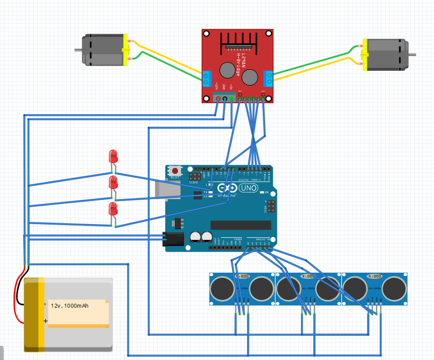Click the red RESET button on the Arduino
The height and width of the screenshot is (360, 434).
click(175, 170)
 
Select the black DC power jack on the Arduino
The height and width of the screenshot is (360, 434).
click(171, 239)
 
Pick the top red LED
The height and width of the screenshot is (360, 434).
click(113, 156)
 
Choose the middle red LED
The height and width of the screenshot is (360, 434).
click(113, 182)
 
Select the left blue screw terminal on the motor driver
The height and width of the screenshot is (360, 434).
click(207, 79)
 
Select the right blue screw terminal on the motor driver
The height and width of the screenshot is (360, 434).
click(269, 79)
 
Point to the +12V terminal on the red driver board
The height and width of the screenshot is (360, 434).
click(217, 98)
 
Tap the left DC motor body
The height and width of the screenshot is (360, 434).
click(102, 50)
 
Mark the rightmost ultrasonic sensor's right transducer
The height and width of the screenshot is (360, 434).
click(394, 288)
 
